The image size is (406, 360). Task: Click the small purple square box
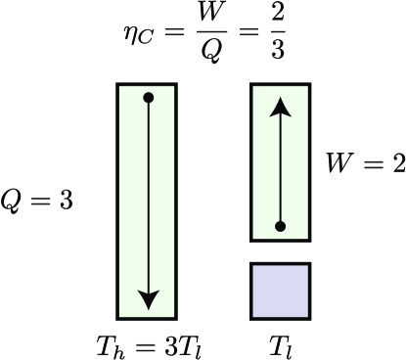(x=281, y=291)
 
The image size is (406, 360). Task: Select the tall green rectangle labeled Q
(x=148, y=201)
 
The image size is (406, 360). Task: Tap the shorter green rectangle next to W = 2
(x=281, y=161)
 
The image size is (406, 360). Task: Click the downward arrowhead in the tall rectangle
(x=148, y=299)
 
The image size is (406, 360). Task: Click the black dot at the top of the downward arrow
(x=148, y=97)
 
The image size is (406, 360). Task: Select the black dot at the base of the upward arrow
(x=281, y=227)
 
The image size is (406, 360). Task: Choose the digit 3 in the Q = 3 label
(x=65, y=200)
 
